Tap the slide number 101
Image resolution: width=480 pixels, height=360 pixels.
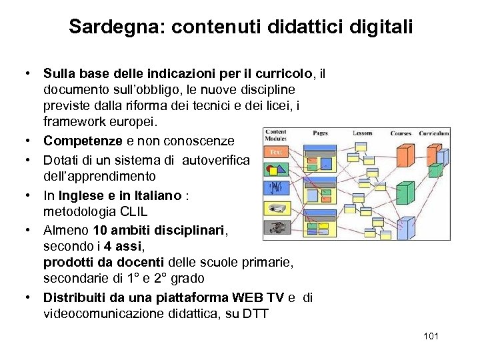pos(431,335)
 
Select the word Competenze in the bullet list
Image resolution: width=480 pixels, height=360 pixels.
pos(83,141)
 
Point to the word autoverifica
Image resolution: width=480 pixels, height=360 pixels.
pos(216,160)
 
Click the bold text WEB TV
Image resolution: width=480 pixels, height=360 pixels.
pos(265,297)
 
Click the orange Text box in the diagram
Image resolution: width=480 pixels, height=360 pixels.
pos(276,151)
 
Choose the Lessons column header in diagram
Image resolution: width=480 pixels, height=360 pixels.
pos(363,133)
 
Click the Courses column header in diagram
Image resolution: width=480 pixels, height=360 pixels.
pos(401,133)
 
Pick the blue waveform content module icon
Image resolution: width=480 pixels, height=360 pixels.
pos(277,187)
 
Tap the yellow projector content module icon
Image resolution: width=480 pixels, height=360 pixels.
pos(277,208)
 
